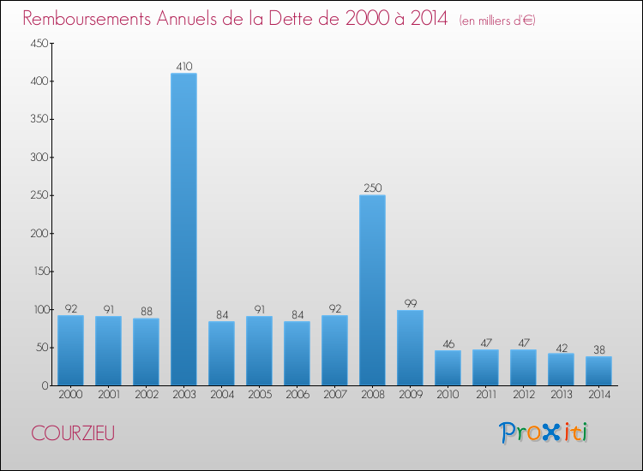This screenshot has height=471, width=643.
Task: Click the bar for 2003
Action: coord(183,229)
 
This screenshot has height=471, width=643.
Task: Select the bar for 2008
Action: coord(372,289)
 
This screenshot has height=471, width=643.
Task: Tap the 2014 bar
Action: coord(598,370)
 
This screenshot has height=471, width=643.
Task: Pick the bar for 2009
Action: coord(410,347)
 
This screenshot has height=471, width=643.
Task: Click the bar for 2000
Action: coord(70,349)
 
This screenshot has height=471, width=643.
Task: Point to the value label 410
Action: coord(183,66)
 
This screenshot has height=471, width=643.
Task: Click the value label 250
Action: coord(372,188)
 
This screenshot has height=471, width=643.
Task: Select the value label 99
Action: coord(410,302)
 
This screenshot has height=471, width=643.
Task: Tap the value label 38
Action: coord(598,349)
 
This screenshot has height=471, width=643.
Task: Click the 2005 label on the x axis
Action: coord(259,396)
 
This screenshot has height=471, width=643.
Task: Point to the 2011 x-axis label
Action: coord(485,396)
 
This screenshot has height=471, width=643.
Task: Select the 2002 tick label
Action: coord(146,396)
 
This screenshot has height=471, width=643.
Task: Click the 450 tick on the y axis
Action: coord(36,44)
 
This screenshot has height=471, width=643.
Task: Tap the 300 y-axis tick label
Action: coord(36,158)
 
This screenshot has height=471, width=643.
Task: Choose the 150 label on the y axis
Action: coord(36,271)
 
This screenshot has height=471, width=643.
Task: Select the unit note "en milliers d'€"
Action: coord(497,20)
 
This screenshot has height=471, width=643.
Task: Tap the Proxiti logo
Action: coord(544,432)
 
